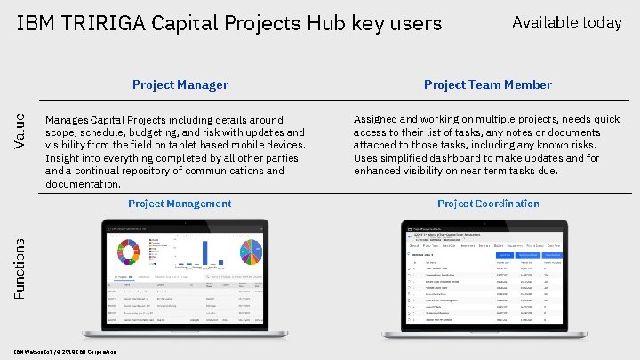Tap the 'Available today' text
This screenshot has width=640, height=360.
567,22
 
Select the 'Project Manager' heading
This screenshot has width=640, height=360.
180,85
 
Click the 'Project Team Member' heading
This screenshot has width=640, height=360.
487,85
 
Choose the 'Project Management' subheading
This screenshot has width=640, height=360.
180,204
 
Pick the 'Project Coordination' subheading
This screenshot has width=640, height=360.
488,204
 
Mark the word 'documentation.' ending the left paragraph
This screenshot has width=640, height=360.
83,184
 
